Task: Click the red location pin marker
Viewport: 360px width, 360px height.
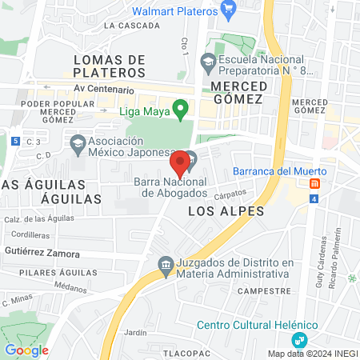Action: point(179,164)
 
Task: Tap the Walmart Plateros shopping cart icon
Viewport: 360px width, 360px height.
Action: point(229,12)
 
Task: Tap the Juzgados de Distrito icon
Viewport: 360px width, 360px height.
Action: point(166,265)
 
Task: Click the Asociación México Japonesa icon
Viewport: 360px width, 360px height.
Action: point(78,146)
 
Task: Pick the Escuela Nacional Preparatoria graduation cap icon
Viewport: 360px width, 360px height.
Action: point(208,61)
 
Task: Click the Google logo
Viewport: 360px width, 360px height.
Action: point(26,350)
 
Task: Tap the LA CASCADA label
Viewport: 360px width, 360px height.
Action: point(132,26)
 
